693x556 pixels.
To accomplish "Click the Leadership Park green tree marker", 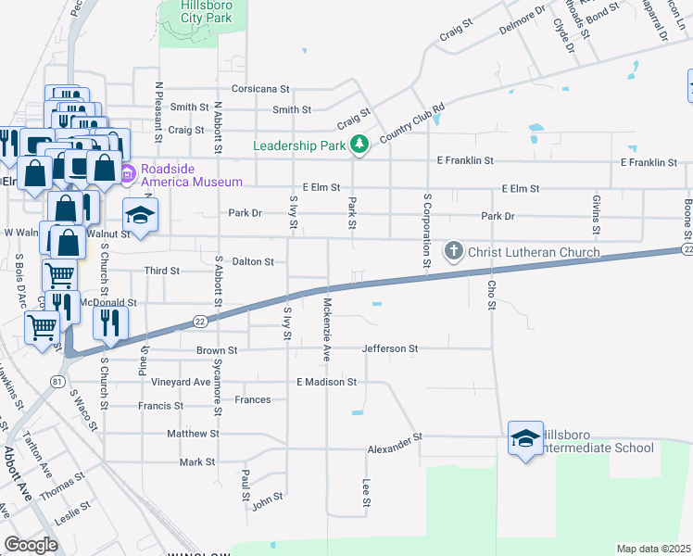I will (359, 145).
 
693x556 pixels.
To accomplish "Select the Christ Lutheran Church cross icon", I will (454, 251).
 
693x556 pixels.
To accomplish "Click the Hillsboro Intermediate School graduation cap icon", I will (525, 438).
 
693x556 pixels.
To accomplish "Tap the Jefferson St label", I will (390, 349).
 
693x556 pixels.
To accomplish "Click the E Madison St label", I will (326, 382).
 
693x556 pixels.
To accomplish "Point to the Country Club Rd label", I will (412, 120).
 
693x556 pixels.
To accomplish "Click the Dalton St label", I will (252, 262).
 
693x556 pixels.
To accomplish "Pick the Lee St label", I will (366, 493).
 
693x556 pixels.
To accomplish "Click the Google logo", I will (31, 544).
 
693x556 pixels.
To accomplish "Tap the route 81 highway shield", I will (57, 382).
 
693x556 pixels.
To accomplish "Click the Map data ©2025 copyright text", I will (653, 549).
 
